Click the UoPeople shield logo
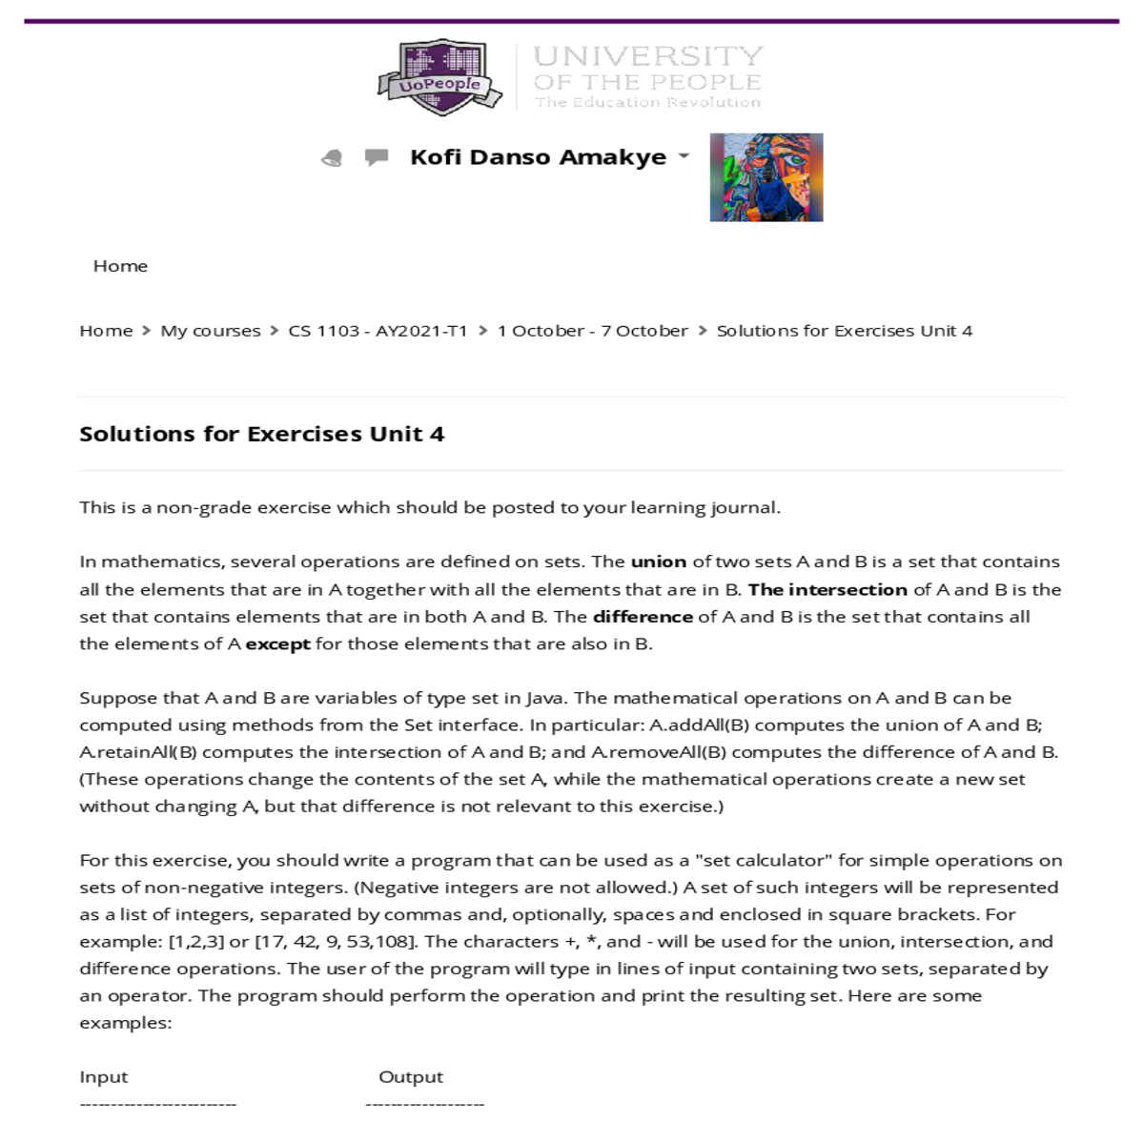coord(439,78)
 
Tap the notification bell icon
coord(332,157)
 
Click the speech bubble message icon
coord(377,156)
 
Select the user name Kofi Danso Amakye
coord(538,157)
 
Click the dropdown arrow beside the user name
coord(684,155)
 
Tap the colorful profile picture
coord(766,177)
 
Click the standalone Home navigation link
coord(120,266)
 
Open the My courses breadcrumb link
coord(210,331)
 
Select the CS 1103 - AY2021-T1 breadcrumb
coord(378,331)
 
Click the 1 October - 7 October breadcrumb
coord(592,331)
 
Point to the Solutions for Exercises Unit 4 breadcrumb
coord(844,331)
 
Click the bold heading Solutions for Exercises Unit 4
coord(261,434)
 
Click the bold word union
coord(658,562)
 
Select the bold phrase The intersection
coord(827,589)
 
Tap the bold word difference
coord(643,617)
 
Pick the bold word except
coord(277,643)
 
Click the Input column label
coord(103,1076)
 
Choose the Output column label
coord(411,1076)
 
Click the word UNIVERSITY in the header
coord(648,56)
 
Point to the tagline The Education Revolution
coord(647,102)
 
